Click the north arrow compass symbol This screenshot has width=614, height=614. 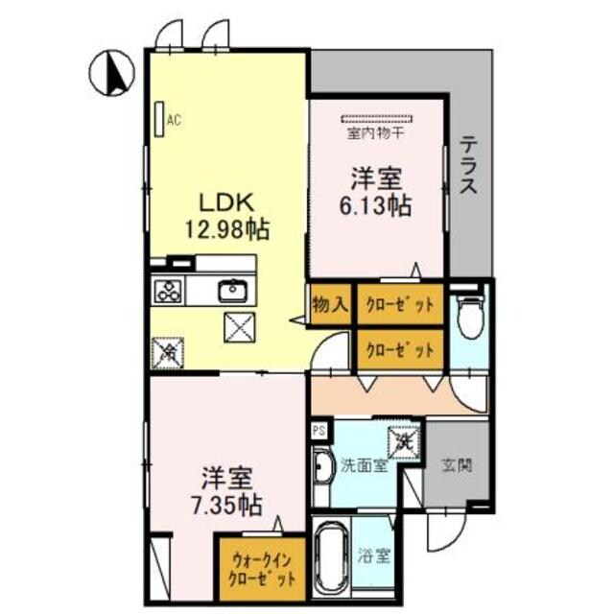point(111,73)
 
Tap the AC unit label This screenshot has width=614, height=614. point(174,120)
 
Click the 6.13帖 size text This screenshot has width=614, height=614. point(375,205)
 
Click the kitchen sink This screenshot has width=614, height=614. point(232,290)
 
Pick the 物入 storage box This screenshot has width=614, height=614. point(329,304)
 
